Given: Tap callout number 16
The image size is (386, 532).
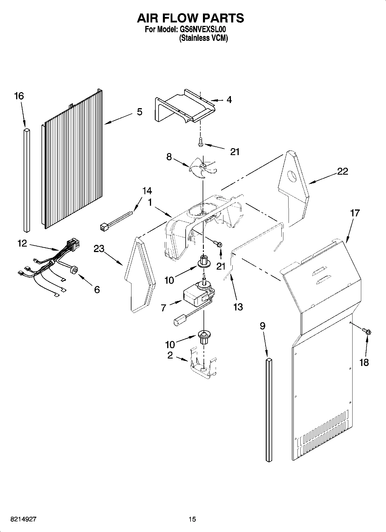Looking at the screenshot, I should click(19, 96).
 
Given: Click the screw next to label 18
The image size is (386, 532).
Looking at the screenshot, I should click(367, 331).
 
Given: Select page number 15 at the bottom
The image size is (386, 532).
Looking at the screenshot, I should click(192, 519).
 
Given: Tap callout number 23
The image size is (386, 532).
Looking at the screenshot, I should click(99, 249).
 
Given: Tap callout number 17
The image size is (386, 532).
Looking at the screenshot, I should click(355, 213).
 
